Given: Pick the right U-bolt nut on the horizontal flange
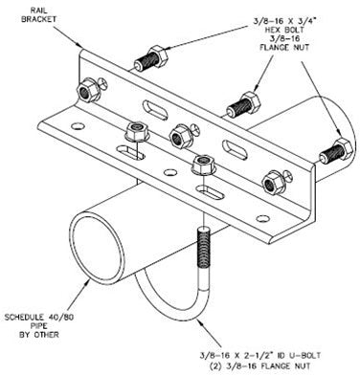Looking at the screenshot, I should click(204, 165).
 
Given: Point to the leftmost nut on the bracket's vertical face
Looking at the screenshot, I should click(88, 90).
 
